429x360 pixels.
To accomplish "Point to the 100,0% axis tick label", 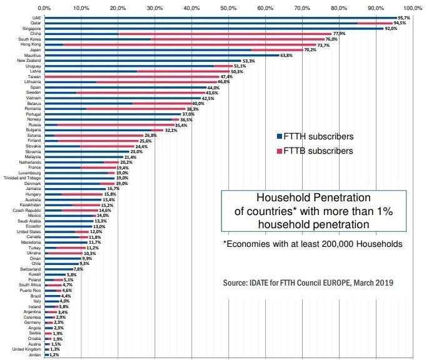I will tap(412, 9).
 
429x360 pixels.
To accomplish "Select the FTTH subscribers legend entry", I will tap(316, 136).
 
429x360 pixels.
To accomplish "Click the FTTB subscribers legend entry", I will tap(316, 151).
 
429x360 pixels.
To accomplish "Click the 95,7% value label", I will tap(406, 18).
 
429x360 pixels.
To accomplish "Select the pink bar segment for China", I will tap(225, 34).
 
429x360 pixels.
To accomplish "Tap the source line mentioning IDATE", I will tap(308, 283).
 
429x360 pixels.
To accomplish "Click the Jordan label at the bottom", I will tap(34, 355).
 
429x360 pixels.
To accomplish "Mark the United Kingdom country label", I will tap(27, 349).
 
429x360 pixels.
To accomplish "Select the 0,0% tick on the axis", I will tap(45, 9).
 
